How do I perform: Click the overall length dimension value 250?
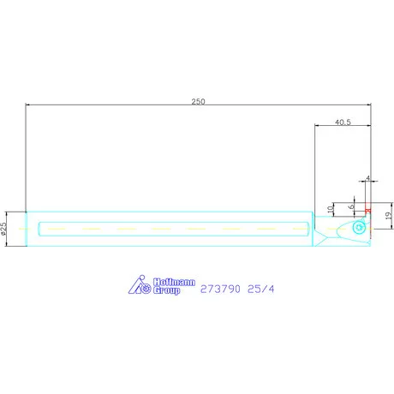click(x=198, y=101)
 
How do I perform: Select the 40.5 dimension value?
click(x=343, y=122)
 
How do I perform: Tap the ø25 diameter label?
click(x=3, y=229)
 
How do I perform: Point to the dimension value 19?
click(x=389, y=216)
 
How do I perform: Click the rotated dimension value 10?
click(x=331, y=209)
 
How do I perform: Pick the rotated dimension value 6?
click(x=351, y=206)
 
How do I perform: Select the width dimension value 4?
click(x=368, y=178)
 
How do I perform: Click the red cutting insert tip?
click(x=368, y=207)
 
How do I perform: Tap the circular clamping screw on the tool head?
click(x=359, y=228)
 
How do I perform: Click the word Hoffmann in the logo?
click(x=174, y=282)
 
